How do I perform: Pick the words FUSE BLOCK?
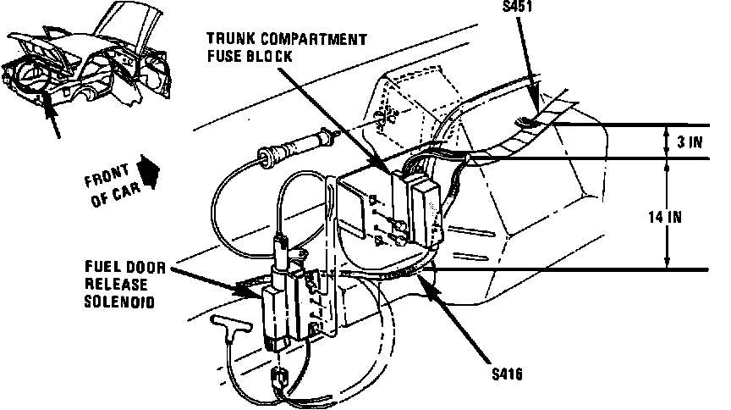tap(250, 56)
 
